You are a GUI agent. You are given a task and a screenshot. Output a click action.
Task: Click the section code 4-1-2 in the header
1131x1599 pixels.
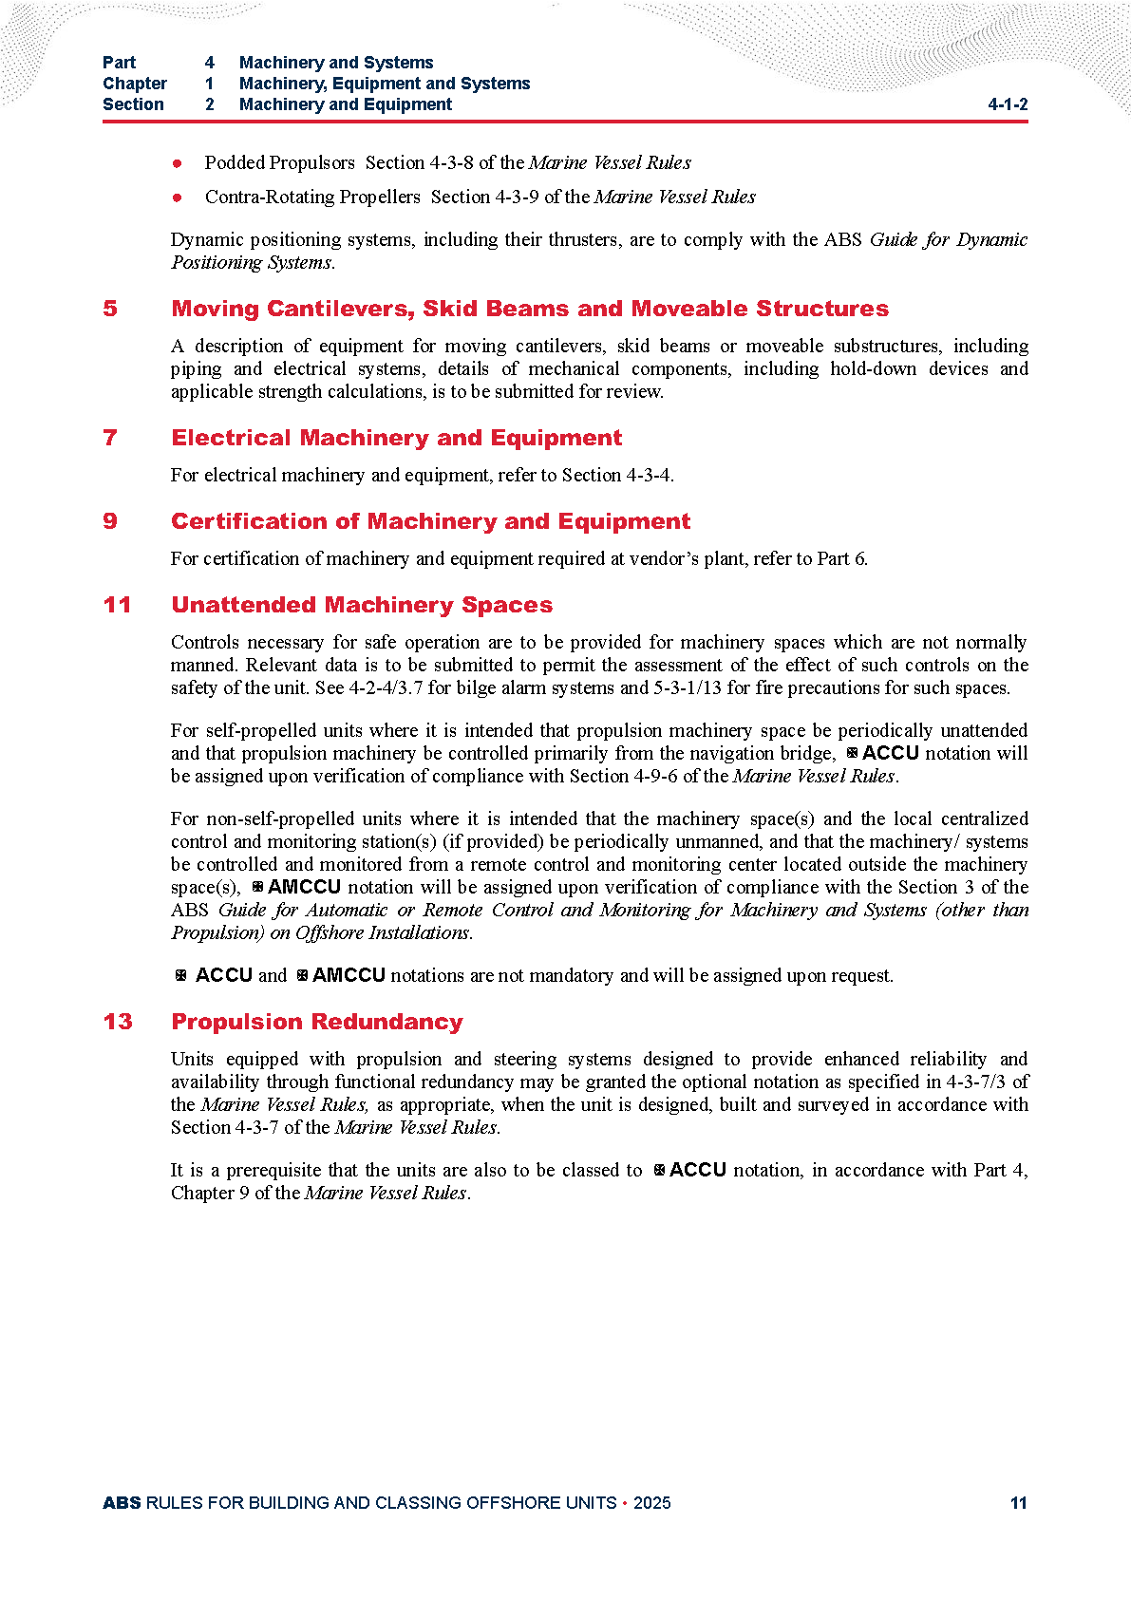(x=1008, y=104)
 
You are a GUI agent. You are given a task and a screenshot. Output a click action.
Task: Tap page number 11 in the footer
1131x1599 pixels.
(x=1018, y=1503)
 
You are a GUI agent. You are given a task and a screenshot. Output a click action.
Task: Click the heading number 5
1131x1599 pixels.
(x=110, y=309)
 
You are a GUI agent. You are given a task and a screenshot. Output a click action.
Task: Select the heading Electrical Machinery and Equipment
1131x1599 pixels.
(x=396, y=438)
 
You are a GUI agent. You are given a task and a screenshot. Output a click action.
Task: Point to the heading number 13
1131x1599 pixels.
(x=118, y=1022)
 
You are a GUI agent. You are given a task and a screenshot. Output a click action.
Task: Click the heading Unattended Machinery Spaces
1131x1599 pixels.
(x=362, y=605)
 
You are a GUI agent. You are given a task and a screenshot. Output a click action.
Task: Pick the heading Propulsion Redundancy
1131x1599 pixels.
(x=317, y=1022)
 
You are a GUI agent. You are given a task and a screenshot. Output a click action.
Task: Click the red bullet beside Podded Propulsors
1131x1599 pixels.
(x=178, y=163)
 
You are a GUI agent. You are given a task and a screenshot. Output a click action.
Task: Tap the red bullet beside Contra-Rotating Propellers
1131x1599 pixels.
(x=178, y=198)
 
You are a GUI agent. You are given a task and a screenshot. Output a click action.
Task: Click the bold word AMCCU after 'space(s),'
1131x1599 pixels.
(x=304, y=887)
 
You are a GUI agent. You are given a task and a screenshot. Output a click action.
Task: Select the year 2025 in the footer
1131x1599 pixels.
(x=651, y=1503)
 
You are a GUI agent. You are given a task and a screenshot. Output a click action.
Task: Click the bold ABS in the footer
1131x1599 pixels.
(x=122, y=1503)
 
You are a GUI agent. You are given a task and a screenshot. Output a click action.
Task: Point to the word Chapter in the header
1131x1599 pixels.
(x=135, y=84)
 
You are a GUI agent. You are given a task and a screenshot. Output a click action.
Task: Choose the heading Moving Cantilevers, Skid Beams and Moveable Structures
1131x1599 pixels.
(x=530, y=309)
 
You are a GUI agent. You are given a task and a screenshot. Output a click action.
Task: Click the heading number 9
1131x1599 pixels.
(x=110, y=521)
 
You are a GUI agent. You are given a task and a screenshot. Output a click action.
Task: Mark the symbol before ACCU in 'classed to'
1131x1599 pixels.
(x=659, y=1171)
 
